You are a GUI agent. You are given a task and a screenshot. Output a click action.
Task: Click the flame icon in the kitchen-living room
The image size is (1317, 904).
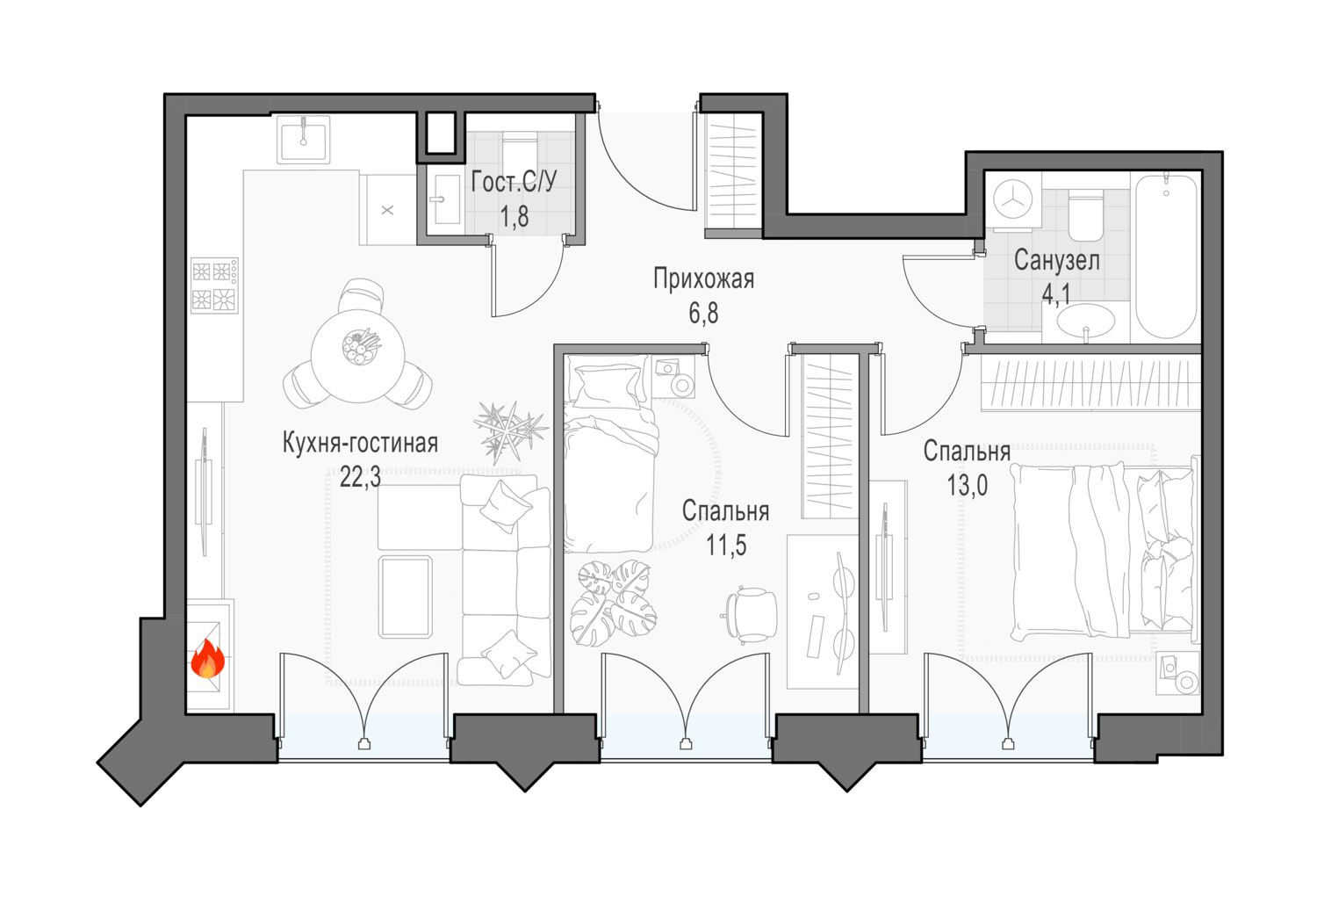[207, 659]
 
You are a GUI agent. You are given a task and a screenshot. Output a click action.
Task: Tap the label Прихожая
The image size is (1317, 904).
[703, 278]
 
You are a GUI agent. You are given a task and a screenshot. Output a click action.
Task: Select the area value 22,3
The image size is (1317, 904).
[360, 477]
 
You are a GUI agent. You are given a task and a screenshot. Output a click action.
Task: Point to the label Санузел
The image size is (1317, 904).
[1056, 261]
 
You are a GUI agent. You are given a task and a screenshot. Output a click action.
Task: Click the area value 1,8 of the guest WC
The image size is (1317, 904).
[515, 217]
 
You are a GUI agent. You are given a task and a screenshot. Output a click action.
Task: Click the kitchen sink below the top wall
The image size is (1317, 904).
[304, 140]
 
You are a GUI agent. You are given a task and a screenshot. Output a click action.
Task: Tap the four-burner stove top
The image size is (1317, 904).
[214, 286]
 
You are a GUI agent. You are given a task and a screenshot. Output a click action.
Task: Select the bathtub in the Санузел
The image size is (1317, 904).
[1166, 256]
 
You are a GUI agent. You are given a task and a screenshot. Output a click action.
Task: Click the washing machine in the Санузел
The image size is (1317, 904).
[1012, 200]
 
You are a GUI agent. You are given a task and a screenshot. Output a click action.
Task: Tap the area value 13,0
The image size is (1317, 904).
[967, 486]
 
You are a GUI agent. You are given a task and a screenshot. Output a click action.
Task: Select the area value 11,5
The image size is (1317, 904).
[726, 546]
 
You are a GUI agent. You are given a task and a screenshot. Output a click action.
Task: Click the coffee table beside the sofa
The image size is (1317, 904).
[406, 597]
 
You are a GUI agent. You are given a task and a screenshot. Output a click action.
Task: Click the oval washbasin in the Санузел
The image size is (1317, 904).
[1086, 322]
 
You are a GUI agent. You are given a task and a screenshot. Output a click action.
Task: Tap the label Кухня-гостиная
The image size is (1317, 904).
[360, 443]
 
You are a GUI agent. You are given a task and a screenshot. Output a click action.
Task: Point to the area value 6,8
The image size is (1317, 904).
[703, 314]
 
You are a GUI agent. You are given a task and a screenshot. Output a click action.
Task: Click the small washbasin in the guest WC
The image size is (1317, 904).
[446, 199]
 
